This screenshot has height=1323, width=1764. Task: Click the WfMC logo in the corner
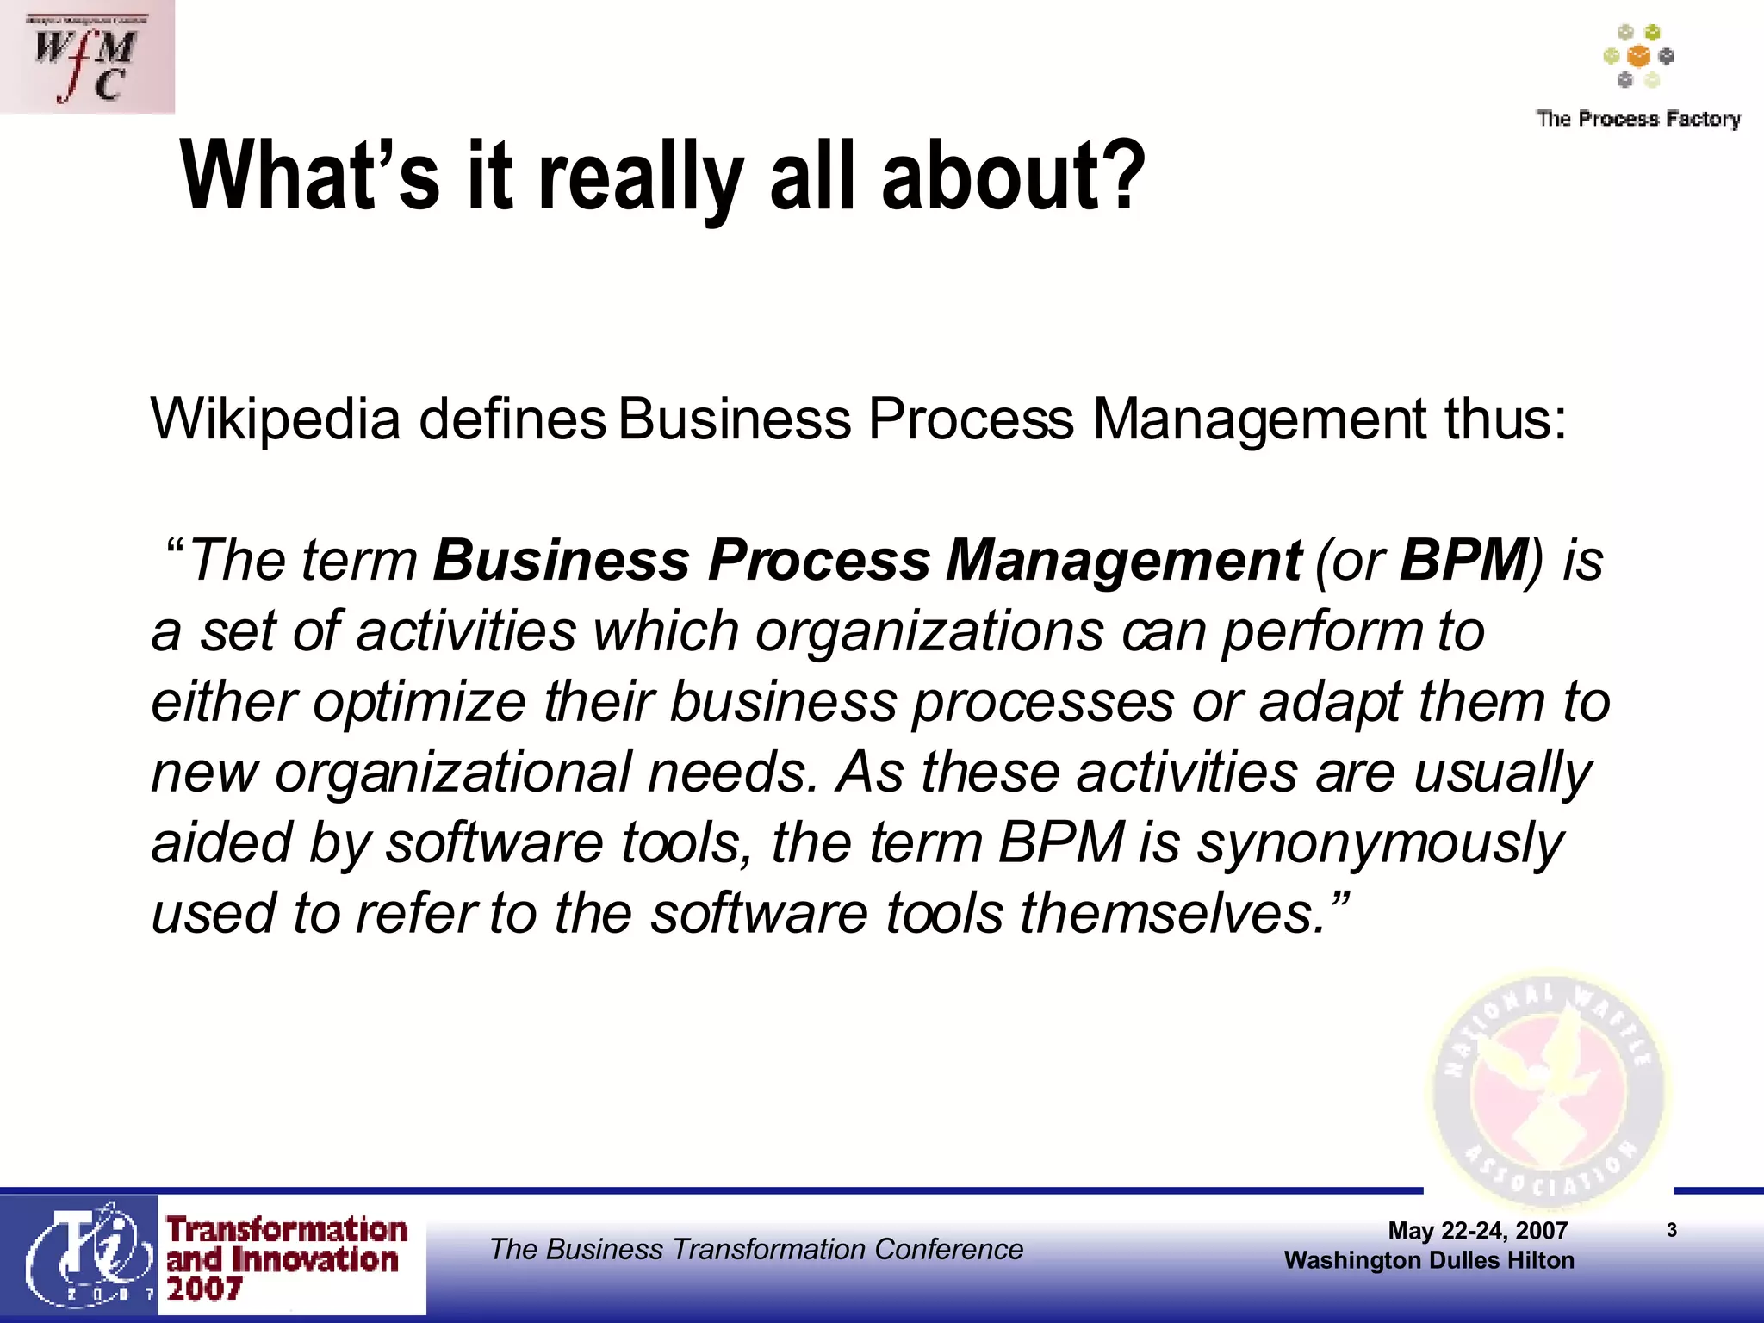click(x=86, y=57)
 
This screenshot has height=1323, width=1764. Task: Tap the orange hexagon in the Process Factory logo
click(x=1638, y=57)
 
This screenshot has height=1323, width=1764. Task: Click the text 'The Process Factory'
click(x=1638, y=119)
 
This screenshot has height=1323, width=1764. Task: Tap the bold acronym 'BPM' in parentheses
click(x=1463, y=561)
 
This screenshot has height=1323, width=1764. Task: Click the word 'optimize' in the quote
click(x=419, y=702)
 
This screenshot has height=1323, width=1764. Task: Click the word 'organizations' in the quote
click(x=929, y=631)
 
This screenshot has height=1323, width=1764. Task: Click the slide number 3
click(x=1672, y=1230)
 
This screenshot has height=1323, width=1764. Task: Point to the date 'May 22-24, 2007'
click(x=1477, y=1231)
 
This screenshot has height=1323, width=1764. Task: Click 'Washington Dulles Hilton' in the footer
click(x=1429, y=1260)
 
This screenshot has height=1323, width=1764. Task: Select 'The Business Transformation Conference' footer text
click(x=756, y=1249)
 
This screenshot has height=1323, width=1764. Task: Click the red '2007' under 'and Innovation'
click(x=204, y=1289)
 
